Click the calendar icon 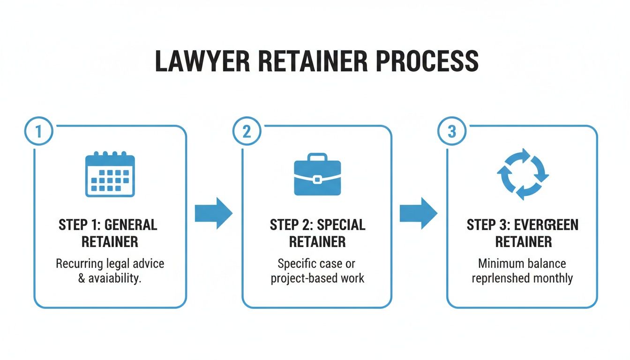[x=110, y=174]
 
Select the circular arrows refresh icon [x=523, y=174]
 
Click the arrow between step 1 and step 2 [x=213, y=213]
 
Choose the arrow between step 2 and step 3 [x=418, y=213]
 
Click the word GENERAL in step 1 [x=131, y=225]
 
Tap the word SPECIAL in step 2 [x=341, y=225]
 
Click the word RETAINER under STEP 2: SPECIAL [x=317, y=242]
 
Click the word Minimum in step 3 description [x=499, y=263]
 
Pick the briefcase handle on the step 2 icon [x=317, y=157]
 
